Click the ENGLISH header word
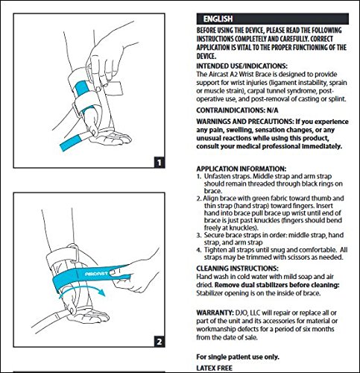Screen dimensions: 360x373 click(x=218, y=19)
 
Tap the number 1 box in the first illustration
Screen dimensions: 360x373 click(x=160, y=163)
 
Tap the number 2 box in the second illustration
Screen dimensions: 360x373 click(x=160, y=342)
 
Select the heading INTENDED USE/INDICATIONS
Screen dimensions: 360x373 click(x=241, y=66)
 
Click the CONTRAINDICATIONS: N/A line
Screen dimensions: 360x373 click(x=237, y=110)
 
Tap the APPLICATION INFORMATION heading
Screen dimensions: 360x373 click(x=241, y=169)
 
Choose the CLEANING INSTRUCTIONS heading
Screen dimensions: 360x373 click(x=237, y=269)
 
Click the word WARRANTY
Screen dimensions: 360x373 click(x=215, y=313)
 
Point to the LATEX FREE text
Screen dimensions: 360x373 click(x=215, y=368)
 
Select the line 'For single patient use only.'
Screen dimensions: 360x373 click(x=238, y=357)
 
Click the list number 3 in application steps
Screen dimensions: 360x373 click(x=199, y=235)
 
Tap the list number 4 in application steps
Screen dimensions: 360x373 click(x=199, y=250)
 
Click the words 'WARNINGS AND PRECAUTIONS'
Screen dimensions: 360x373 click(x=244, y=122)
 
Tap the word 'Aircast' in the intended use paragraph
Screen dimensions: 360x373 click(x=218, y=75)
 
